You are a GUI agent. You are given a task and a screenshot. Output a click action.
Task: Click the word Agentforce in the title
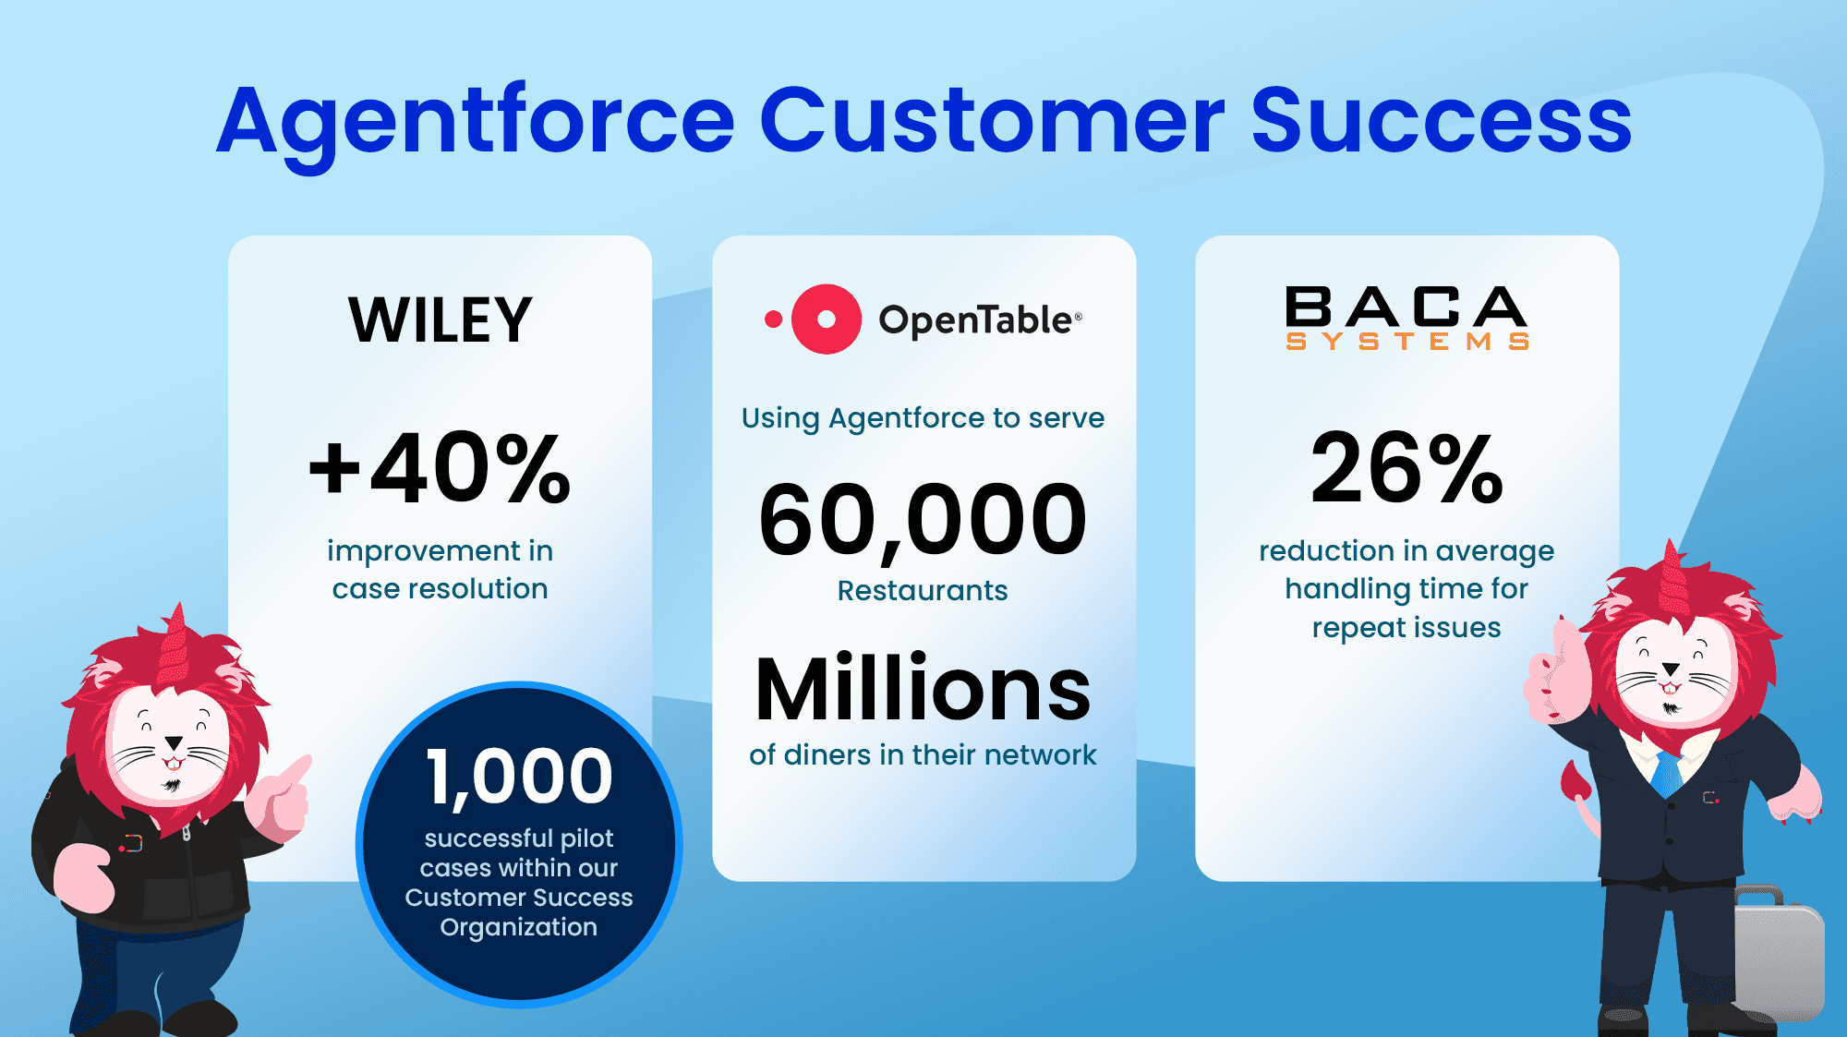[476, 123]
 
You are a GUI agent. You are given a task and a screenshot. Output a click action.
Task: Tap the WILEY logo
[441, 320]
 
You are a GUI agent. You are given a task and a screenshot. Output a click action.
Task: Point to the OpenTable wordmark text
[980, 320]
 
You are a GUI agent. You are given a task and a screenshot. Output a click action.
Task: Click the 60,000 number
[923, 521]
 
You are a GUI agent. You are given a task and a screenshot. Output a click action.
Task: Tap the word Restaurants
[923, 590]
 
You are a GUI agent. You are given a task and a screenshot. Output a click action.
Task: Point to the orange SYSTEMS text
[1407, 342]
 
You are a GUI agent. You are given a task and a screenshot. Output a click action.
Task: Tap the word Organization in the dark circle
[519, 927]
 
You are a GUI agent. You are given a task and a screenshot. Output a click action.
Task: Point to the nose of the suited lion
[1671, 669]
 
